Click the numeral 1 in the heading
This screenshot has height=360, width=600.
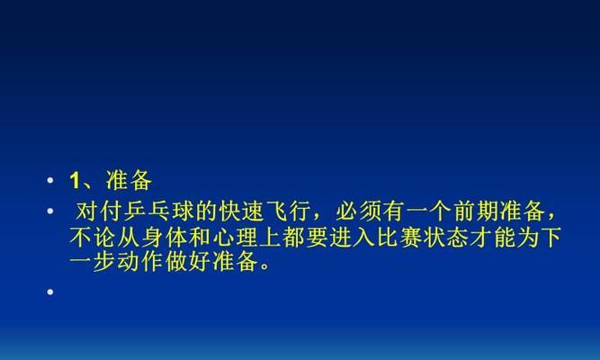pyautogui.click(x=75, y=180)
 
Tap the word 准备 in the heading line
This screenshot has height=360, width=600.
pyautogui.click(x=129, y=180)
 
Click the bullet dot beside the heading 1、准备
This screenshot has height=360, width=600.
pyautogui.click(x=50, y=180)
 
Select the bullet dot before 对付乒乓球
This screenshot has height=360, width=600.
pyautogui.click(x=50, y=211)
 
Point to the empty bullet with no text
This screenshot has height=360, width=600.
pyautogui.click(x=50, y=292)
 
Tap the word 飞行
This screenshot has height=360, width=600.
pyautogui.click(x=289, y=211)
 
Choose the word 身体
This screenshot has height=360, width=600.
pyautogui.click(x=165, y=237)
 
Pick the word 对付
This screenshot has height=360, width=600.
pyautogui.click(x=100, y=211)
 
